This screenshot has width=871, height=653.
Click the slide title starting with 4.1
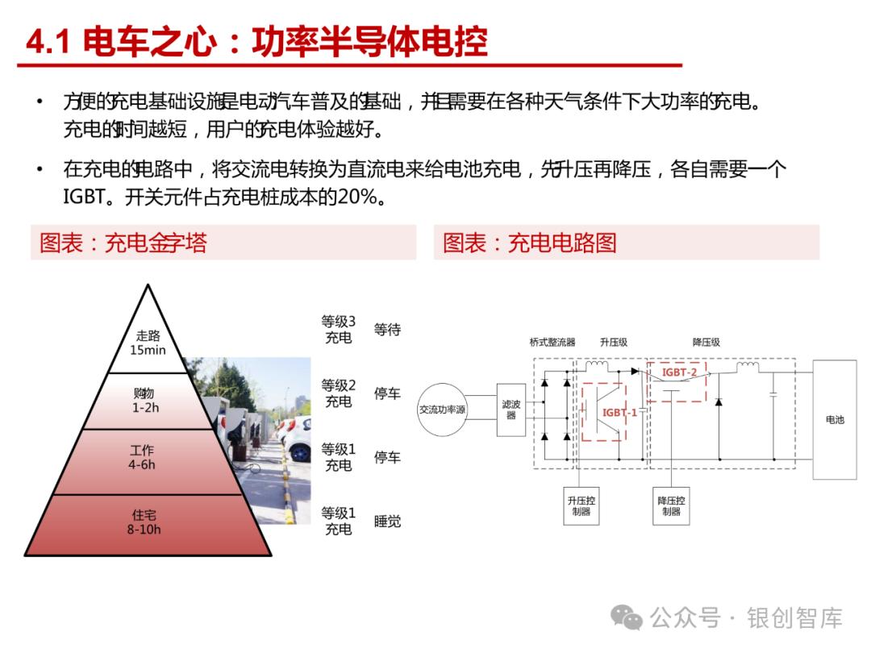(x=256, y=41)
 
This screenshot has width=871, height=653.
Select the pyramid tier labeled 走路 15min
(x=148, y=343)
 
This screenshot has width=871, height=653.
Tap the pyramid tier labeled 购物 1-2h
(x=147, y=401)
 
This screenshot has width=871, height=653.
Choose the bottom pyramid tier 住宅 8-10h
(x=145, y=522)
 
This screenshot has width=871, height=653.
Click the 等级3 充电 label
(x=339, y=330)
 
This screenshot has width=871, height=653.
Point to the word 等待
(x=387, y=330)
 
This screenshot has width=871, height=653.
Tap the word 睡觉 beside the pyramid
(x=387, y=522)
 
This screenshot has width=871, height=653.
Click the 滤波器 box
(x=511, y=410)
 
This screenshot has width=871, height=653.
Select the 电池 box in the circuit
(x=835, y=419)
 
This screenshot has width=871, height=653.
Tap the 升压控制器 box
(x=581, y=505)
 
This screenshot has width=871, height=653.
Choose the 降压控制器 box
(x=671, y=505)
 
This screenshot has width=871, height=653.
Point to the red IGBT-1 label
(x=619, y=413)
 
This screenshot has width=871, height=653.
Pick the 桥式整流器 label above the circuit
(x=552, y=343)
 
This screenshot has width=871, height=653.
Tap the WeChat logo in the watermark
(x=626, y=618)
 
